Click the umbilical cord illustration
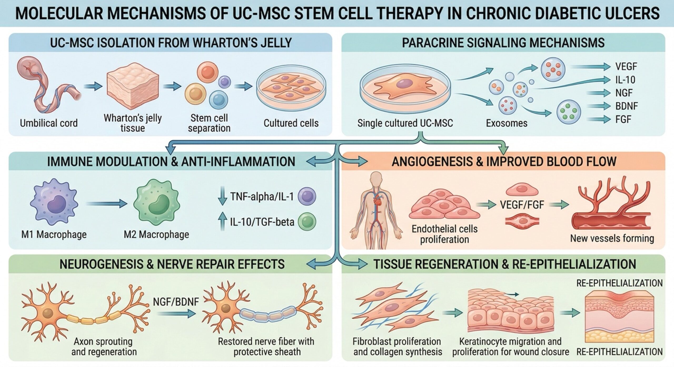[x=49, y=87]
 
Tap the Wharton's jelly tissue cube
[x=133, y=87]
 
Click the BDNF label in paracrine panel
[x=626, y=106]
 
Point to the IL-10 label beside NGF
[x=625, y=80]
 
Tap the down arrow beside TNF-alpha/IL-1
[x=222, y=196]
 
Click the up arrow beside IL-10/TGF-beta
[x=222, y=222]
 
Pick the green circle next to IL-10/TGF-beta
[x=307, y=222]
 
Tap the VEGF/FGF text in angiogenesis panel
[x=522, y=205]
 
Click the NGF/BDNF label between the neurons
[x=176, y=302]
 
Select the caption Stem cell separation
[x=209, y=123]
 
